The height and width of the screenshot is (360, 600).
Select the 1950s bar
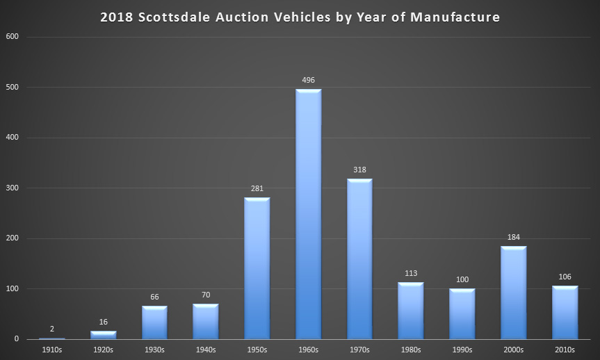click(257, 268)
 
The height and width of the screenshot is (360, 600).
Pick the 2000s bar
click(514, 293)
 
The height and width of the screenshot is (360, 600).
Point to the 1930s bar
click(154, 322)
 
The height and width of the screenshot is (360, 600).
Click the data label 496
click(309, 80)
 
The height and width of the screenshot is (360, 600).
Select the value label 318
click(359, 170)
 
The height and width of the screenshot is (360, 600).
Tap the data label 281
click(257, 188)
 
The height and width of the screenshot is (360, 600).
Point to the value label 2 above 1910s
click(51, 329)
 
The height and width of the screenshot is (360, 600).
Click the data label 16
click(103, 322)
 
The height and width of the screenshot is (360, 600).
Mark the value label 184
click(514, 237)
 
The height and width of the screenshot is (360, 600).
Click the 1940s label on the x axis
click(206, 350)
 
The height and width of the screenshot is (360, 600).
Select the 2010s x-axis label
click(565, 350)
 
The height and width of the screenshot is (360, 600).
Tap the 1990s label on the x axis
click(462, 350)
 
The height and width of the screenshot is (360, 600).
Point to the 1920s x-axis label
click(103, 350)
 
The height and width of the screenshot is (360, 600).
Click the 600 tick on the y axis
click(13, 37)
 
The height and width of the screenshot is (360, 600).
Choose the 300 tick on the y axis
click(13, 188)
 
